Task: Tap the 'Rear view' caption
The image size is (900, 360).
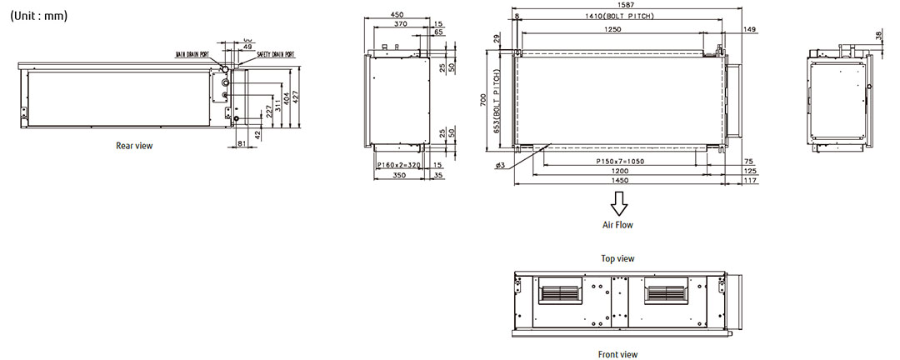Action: tap(134, 146)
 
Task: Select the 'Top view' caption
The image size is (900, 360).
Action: tap(618, 258)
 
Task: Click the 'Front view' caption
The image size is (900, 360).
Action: tap(618, 353)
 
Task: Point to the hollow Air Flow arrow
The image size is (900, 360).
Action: tap(618, 203)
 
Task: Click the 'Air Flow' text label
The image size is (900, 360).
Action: tap(618, 225)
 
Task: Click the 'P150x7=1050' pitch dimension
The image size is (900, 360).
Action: tap(621, 161)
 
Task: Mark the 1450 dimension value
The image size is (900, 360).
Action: tap(618, 181)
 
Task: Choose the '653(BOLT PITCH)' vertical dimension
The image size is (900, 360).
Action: tap(497, 101)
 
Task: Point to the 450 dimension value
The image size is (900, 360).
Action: tap(397, 14)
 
